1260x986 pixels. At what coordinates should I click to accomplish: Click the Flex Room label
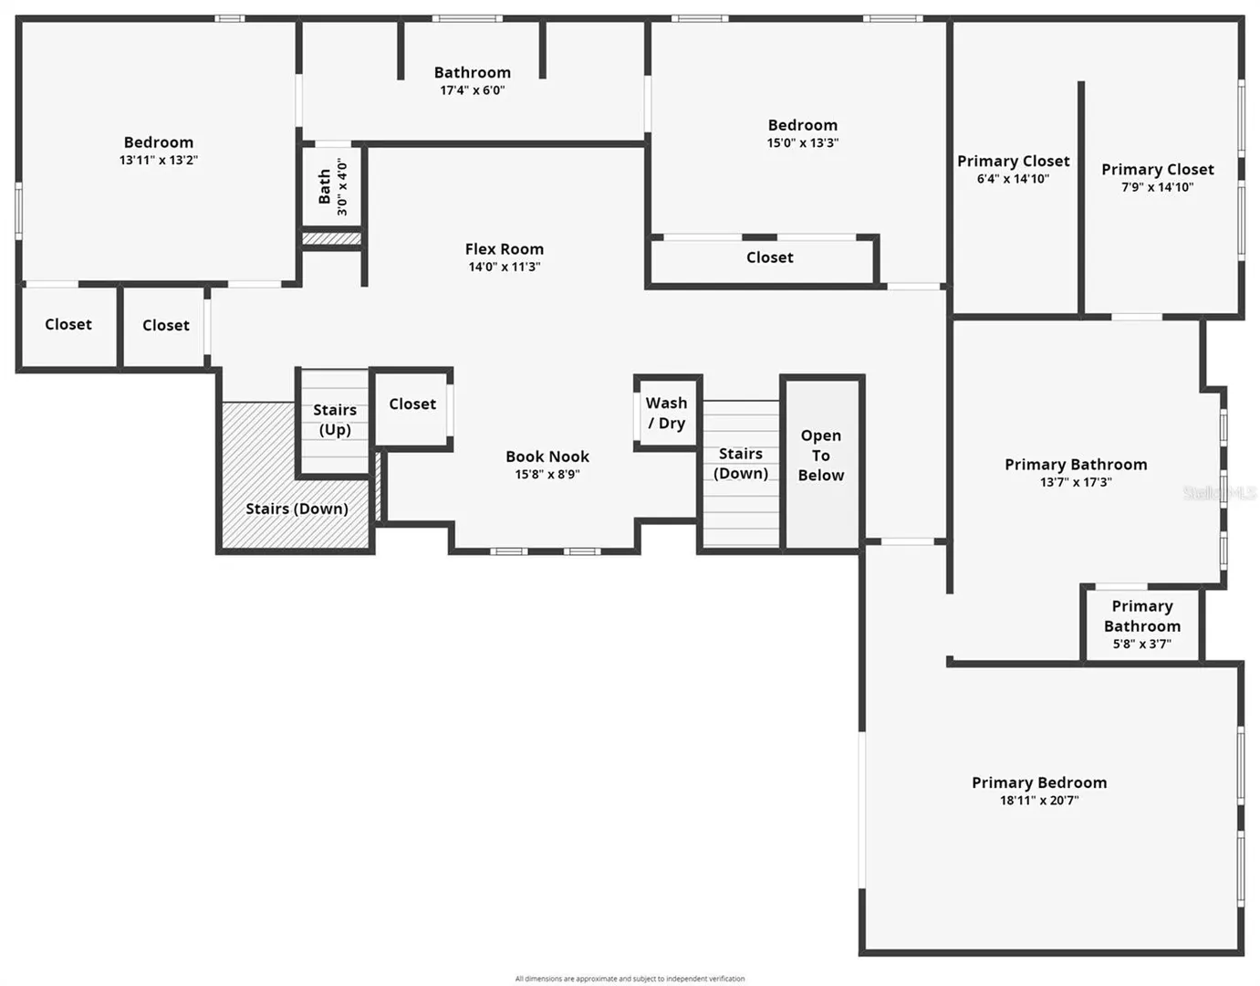click(504, 249)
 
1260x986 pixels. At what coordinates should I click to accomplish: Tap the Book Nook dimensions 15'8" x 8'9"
click(547, 474)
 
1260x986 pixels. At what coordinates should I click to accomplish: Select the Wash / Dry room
click(666, 413)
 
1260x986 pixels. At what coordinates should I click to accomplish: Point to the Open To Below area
click(820, 464)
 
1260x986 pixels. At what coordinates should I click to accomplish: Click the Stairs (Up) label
click(335, 419)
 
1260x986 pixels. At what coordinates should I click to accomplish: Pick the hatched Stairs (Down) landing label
click(297, 509)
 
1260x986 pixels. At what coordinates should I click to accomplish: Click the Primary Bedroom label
click(1039, 782)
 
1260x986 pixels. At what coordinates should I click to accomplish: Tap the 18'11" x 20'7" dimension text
click(1039, 801)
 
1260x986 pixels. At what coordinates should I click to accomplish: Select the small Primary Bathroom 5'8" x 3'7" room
click(1141, 624)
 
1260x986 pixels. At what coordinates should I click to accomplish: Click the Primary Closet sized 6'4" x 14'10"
click(1013, 170)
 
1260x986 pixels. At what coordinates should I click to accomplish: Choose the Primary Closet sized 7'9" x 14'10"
click(1158, 177)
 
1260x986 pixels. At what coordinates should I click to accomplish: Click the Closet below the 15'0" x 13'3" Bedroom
click(769, 257)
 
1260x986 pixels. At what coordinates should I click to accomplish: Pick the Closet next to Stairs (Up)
click(412, 404)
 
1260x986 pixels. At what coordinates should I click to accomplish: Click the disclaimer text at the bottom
click(630, 979)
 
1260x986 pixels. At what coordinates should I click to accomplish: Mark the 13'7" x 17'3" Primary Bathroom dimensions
click(1076, 482)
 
